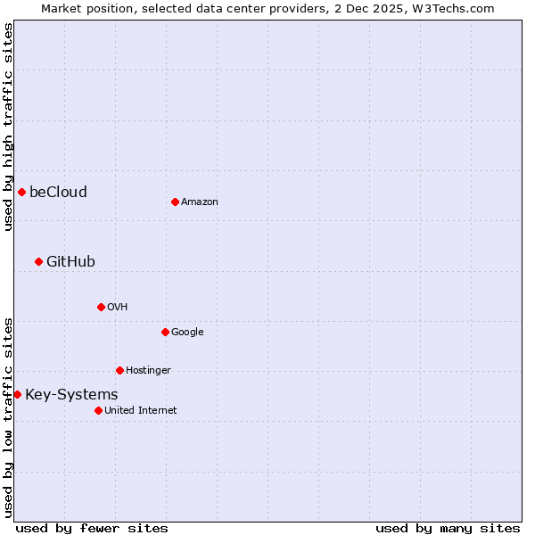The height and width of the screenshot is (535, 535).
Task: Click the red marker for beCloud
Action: coord(21,192)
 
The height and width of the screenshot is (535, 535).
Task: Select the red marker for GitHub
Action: coord(38,261)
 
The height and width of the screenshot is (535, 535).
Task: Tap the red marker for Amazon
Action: coord(175,202)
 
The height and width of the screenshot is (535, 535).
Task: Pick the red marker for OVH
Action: coord(101,307)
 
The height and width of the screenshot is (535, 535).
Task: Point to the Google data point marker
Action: coord(165,332)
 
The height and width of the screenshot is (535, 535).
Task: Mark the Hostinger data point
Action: coord(119,370)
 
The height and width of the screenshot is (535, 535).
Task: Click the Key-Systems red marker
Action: coord(17,394)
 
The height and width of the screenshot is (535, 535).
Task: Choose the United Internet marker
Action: coord(98,410)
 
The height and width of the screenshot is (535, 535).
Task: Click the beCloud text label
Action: coord(58,192)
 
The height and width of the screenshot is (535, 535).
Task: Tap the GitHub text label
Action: coord(70,261)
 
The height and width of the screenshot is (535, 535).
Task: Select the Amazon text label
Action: coord(200,202)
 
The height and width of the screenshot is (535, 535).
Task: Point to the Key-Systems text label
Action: coord(71,394)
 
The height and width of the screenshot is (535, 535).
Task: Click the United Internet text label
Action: coord(141,411)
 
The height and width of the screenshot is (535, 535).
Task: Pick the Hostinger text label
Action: coord(148,371)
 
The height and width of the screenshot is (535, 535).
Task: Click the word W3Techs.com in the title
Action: coord(450,8)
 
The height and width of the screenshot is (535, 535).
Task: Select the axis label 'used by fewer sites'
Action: coord(92,528)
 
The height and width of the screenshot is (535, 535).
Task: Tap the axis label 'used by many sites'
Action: coord(448,528)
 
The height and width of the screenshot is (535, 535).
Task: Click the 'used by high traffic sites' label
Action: coord(8,127)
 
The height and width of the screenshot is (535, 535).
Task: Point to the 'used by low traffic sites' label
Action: coord(8,417)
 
